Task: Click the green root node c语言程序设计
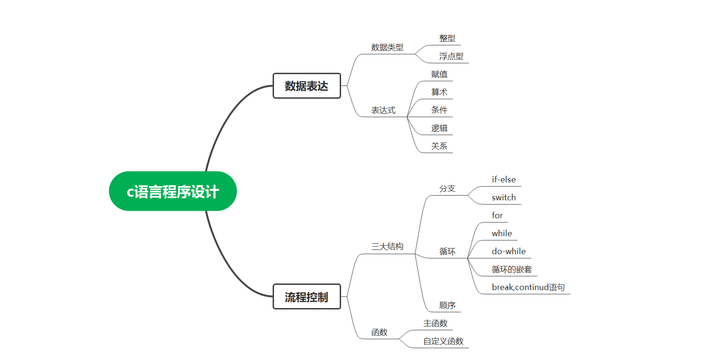pos(172,191)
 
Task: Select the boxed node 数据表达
pos(307,86)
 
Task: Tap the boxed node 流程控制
pos(307,297)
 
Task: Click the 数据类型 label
pos(387,47)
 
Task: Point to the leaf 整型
pos(447,38)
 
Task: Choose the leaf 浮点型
pos(451,56)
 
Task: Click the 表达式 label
pos(383,111)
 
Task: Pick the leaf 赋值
pos(439,74)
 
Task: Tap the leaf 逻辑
pos(439,128)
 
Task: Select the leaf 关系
pos(439,146)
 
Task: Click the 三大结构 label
pos(387,246)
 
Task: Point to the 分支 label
pos(447,189)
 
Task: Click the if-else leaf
pos(504,180)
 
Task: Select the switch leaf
pos(504,197)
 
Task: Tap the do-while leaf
pos(508,251)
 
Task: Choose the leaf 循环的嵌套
pos(512,269)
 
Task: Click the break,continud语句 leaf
pos(528,287)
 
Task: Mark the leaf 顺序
pos(447,305)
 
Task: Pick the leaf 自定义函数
pos(443,341)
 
